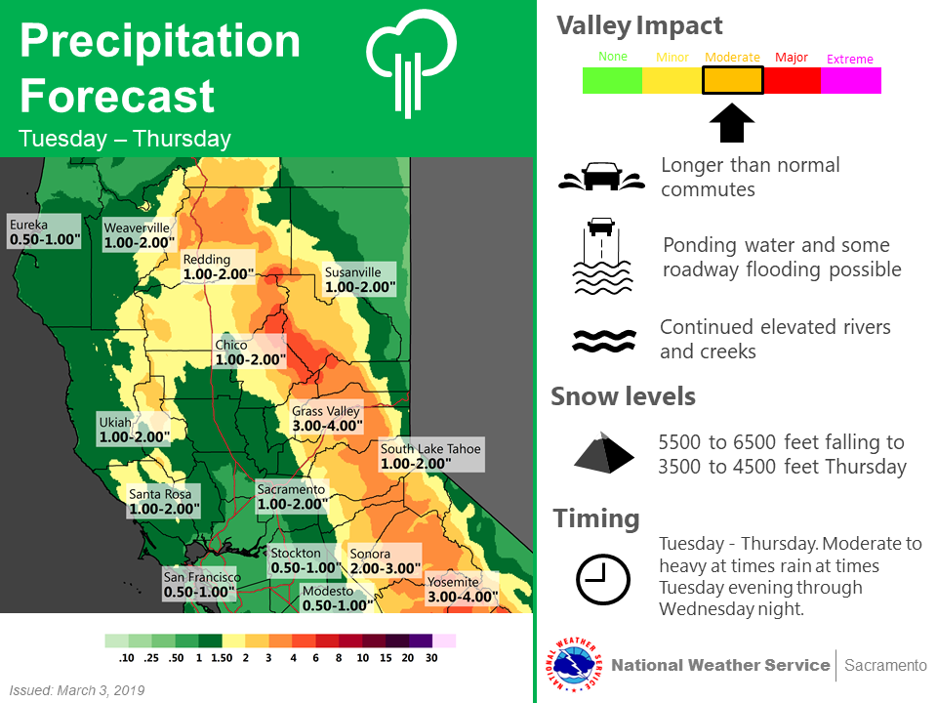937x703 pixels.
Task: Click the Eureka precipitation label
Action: (x=44, y=232)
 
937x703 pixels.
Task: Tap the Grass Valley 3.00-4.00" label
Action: (x=327, y=418)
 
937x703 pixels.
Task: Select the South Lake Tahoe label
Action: (x=431, y=456)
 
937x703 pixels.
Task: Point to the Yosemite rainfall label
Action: (x=462, y=590)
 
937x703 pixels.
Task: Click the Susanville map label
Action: (x=359, y=279)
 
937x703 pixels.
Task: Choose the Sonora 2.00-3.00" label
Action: (x=385, y=560)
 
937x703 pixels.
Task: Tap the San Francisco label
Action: (x=200, y=584)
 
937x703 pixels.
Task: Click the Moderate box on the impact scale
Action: (x=732, y=80)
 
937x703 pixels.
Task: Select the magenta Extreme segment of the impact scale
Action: (x=850, y=80)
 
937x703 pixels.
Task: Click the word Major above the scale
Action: (x=792, y=58)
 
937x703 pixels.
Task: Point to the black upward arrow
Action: (x=731, y=123)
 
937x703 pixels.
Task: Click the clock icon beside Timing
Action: (x=602, y=579)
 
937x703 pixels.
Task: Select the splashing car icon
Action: (x=602, y=177)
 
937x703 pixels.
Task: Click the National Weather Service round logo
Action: (x=574, y=665)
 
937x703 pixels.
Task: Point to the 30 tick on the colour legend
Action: (x=431, y=657)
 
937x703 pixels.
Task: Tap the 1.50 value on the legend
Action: (x=222, y=657)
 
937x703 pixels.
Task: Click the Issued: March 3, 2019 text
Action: (x=77, y=690)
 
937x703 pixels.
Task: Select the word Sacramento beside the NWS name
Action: (x=885, y=665)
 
